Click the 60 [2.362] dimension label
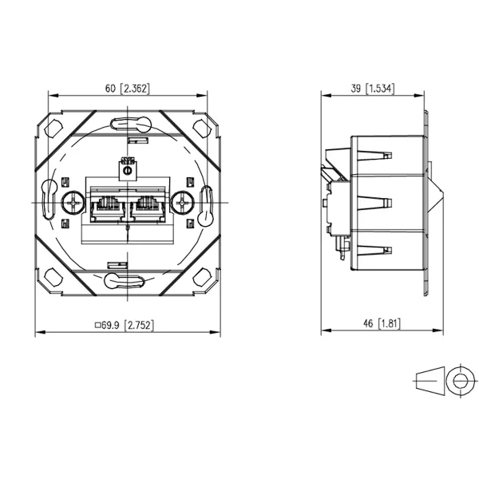tap(128, 89)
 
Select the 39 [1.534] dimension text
tap(372, 89)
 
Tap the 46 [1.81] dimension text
tap(382, 323)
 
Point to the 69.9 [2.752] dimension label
tap(125, 325)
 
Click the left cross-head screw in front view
tap(73, 202)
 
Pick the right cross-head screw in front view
tap(182, 202)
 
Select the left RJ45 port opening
tap(108, 208)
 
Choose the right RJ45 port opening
tap(148, 208)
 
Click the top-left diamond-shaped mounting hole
tap(53, 129)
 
